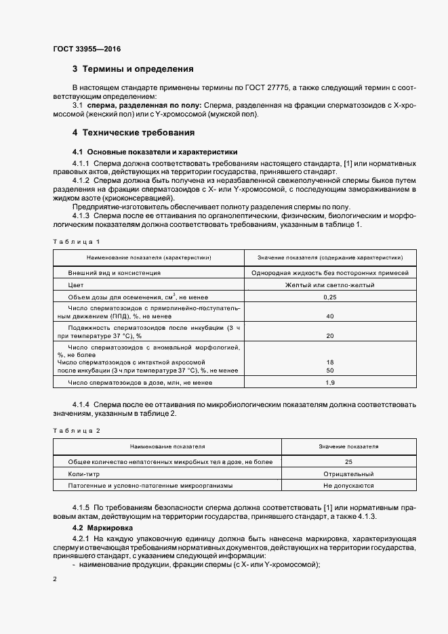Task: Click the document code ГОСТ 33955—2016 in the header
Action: [87, 48]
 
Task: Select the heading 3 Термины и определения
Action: [133, 69]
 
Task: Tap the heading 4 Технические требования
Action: [133, 132]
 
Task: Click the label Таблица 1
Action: [76, 241]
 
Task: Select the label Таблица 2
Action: [76, 430]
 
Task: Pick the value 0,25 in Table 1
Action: [330, 297]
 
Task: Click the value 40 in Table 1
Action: [330, 316]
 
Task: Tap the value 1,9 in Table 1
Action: [330, 383]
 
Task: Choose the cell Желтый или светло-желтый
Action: [330, 285]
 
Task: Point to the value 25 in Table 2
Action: [348, 461]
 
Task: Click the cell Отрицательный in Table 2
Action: [348, 473]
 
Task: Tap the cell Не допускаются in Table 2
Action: [348, 486]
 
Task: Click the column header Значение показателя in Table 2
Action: [348, 446]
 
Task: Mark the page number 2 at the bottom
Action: [55, 580]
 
